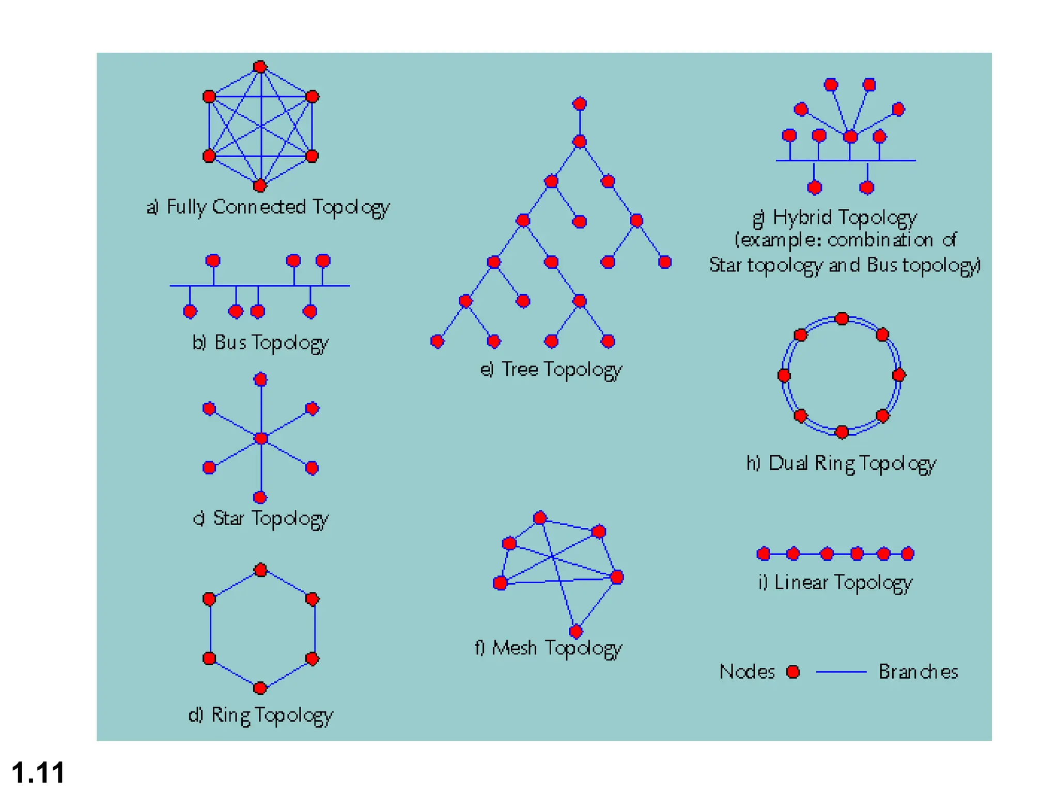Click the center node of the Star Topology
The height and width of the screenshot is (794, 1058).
click(x=261, y=438)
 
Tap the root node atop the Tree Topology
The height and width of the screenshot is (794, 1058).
click(x=580, y=104)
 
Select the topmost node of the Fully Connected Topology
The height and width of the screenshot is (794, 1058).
click(x=260, y=67)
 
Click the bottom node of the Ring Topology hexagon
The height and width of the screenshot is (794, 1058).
click(x=260, y=688)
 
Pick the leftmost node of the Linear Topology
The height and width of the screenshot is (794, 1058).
click(x=763, y=554)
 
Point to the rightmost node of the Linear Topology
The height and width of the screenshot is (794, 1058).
click(x=908, y=554)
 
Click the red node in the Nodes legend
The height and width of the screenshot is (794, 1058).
click(x=793, y=671)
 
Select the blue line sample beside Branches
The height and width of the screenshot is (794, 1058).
click(x=841, y=672)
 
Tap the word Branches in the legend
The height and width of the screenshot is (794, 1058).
click(x=918, y=671)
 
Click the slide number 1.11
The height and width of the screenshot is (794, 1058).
click(x=38, y=772)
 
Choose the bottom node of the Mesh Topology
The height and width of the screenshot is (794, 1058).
click(x=575, y=631)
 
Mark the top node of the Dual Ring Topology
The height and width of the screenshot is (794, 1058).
click(x=842, y=318)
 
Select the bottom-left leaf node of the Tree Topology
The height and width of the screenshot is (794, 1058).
click(x=437, y=341)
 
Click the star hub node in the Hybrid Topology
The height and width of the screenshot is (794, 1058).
click(x=850, y=136)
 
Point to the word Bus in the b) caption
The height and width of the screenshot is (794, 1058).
click(x=230, y=342)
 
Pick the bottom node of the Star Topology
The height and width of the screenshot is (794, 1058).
click(x=260, y=497)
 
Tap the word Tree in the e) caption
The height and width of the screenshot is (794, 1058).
click(x=520, y=369)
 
